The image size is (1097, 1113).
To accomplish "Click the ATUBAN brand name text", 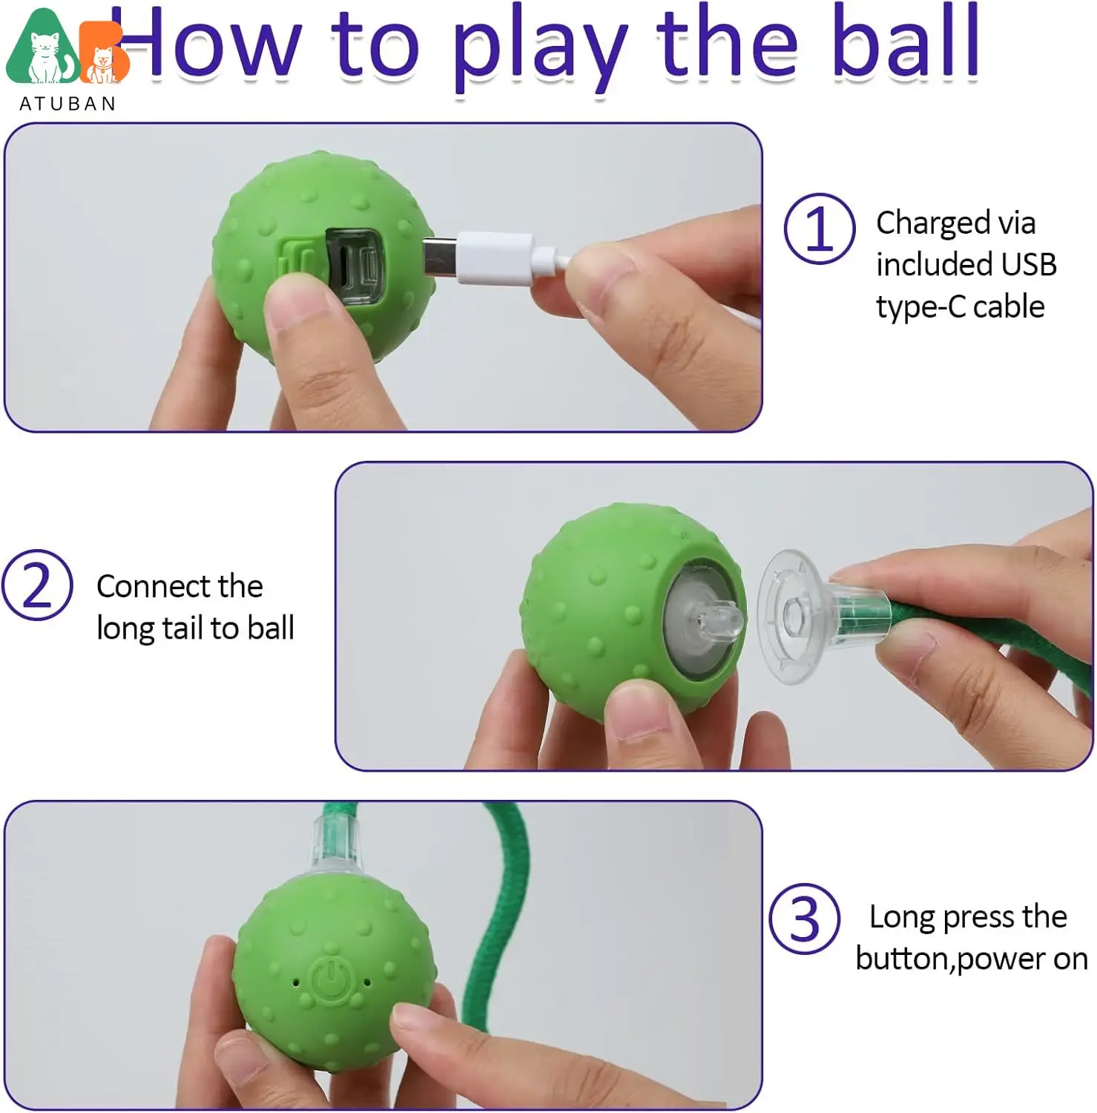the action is click(x=67, y=104).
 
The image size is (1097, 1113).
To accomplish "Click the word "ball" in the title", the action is click(x=906, y=42).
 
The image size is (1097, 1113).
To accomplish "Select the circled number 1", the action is click(x=820, y=229).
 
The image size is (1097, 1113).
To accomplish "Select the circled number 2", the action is click(x=37, y=585).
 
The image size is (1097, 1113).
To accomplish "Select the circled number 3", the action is click(x=805, y=919).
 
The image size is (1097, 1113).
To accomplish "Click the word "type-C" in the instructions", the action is click(x=920, y=307).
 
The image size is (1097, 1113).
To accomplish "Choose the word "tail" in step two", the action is click(x=183, y=628).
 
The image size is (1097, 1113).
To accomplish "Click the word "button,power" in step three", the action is click(x=940, y=959).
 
